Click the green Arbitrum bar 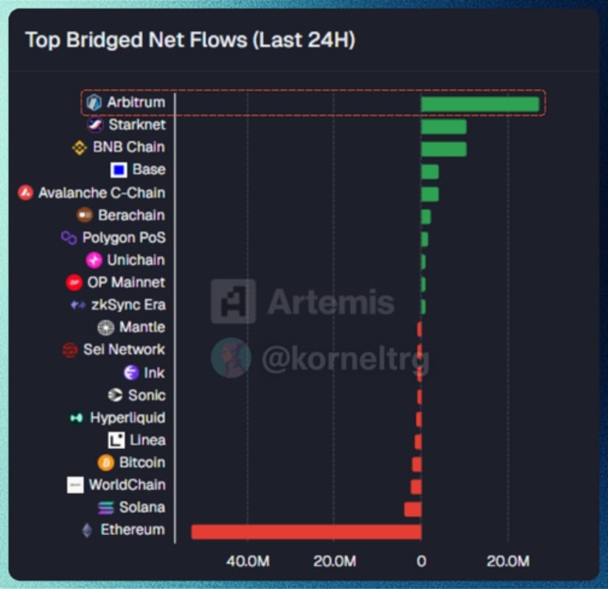480,103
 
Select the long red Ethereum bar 306,532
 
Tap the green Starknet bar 444,126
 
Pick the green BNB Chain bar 444,149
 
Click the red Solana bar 413,509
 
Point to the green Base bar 430,172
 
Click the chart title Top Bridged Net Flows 190,40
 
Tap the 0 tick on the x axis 421,562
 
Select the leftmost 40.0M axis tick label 248,562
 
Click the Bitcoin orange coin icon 106,463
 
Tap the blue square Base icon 119,170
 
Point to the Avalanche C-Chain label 102,193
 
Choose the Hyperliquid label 127,418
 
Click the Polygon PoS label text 124,238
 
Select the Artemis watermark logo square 233,302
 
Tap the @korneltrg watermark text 345,359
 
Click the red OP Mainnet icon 74,282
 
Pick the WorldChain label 127,485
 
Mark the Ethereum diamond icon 87,530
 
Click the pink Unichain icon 94,260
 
